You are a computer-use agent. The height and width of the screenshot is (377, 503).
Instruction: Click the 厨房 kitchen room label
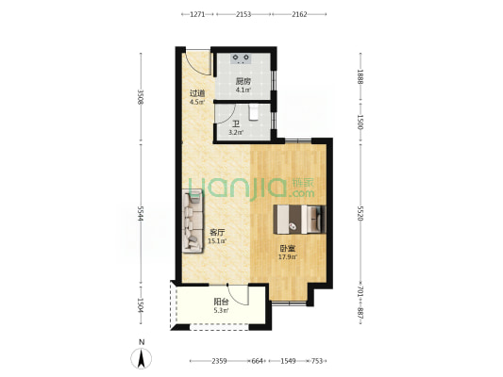tap(243, 81)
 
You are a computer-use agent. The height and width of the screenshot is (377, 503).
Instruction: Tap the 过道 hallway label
tap(197, 93)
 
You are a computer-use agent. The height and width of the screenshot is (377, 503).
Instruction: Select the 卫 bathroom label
tap(236, 123)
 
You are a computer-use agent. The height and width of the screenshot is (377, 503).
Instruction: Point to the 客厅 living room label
tap(217, 232)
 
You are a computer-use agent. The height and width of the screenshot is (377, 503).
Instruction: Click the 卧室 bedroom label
tap(288, 248)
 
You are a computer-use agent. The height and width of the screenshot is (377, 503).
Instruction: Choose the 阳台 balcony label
tap(222, 302)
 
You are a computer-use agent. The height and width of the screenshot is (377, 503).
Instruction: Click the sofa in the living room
tap(193, 221)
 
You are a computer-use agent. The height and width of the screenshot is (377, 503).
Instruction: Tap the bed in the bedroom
tap(299, 219)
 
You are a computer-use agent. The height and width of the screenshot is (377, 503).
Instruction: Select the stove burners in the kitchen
tap(241, 58)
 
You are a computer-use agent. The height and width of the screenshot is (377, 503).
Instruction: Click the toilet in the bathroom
tap(254, 112)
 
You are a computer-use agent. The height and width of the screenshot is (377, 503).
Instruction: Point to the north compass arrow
tap(142, 358)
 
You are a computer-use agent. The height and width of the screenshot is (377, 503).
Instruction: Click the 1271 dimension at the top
tap(197, 14)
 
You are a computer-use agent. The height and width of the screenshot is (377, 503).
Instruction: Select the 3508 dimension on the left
tap(141, 97)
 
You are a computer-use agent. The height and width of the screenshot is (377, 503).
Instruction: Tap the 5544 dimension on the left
tap(141, 213)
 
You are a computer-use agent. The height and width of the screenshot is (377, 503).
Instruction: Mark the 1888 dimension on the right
tap(360, 77)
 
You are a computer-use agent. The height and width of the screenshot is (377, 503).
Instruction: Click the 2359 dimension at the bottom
tap(220, 361)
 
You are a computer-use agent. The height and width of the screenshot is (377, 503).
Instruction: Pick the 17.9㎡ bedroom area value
tap(288, 256)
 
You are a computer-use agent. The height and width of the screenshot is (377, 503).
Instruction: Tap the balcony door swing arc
tap(237, 295)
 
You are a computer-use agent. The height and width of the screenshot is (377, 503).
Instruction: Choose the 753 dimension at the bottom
tap(317, 361)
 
